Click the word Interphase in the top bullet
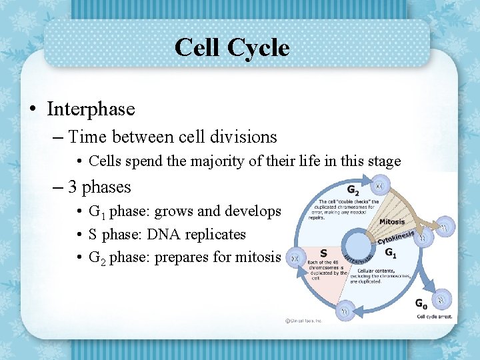(91, 109)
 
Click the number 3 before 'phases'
(73, 187)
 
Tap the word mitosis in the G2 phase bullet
(257, 257)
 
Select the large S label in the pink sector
(323, 253)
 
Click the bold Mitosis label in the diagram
(392, 221)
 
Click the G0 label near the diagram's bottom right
(421, 304)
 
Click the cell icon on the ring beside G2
(379, 184)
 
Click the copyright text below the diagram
(304, 321)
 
